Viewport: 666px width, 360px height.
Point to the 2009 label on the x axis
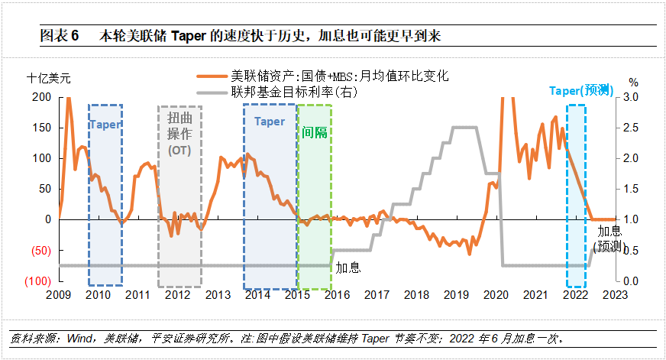point(58,295)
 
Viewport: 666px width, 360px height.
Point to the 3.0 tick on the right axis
point(633,97)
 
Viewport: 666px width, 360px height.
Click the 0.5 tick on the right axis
point(633,250)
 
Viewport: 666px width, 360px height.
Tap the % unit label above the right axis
point(633,82)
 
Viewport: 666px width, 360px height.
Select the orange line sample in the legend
point(212,76)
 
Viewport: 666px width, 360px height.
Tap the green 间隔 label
point(314,132)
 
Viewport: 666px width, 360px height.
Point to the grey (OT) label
point(179,150)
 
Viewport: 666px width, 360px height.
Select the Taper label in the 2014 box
point(269,122)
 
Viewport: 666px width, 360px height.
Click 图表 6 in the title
point(59,35)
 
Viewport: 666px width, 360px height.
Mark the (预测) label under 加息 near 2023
point(609,245)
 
